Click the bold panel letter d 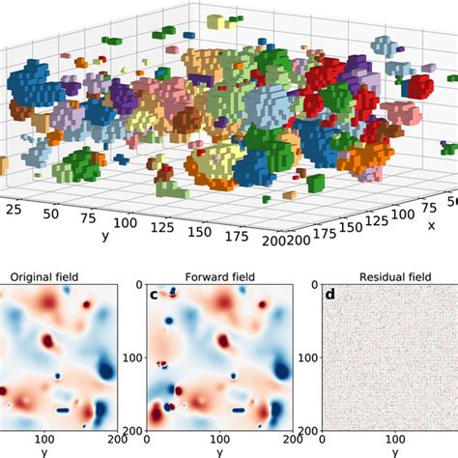329,294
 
